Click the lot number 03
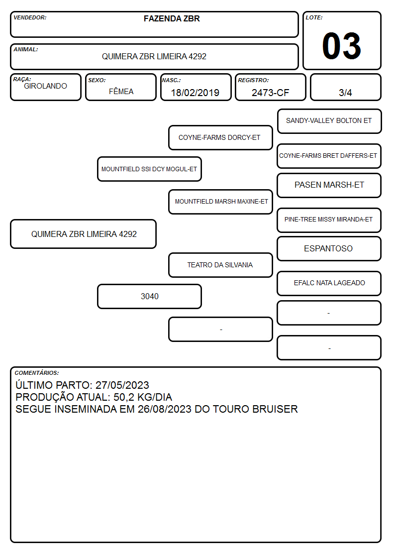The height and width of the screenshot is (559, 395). (342, 46)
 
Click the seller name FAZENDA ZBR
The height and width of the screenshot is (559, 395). (172, 18)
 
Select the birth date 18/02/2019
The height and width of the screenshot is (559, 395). (195, 93)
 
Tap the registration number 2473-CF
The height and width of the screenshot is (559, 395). (270, 93)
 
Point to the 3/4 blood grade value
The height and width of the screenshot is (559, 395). (345, 93)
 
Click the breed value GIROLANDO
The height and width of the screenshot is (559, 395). (45, 86)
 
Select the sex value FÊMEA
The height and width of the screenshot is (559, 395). (121, 91)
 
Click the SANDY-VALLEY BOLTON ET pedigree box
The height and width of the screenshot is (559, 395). (329, 121)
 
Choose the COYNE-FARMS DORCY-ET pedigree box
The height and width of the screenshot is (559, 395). (220, 137)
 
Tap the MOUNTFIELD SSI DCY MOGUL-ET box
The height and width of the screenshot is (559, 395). (149, 169)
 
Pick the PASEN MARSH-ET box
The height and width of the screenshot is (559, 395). (329, 185)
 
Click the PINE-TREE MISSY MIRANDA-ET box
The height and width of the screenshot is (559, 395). (329, 220)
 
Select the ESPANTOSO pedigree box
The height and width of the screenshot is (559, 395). (329, 248)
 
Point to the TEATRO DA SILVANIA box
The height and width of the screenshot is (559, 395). (220, 265)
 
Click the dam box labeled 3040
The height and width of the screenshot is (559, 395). (149, 296)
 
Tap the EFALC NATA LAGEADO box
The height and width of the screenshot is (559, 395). (329, 283)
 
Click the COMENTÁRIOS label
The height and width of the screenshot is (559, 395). (37, 373)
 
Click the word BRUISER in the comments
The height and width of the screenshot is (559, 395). (275, 409)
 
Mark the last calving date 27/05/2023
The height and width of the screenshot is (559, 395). (122, 385)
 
